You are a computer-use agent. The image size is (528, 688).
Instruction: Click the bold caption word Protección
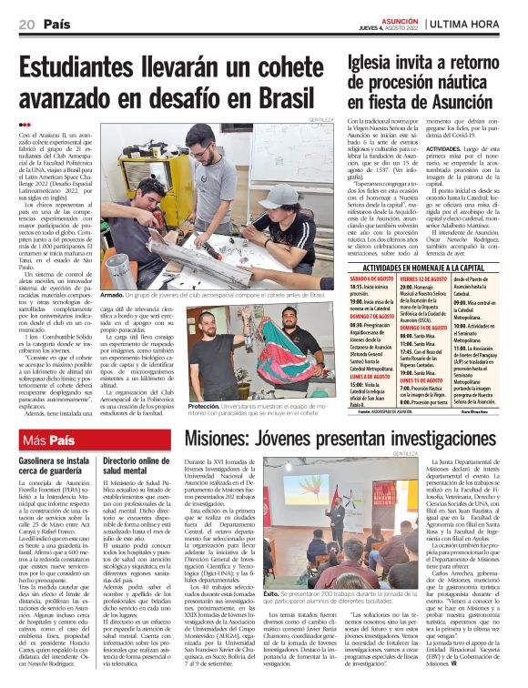(x=205, y=407)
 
